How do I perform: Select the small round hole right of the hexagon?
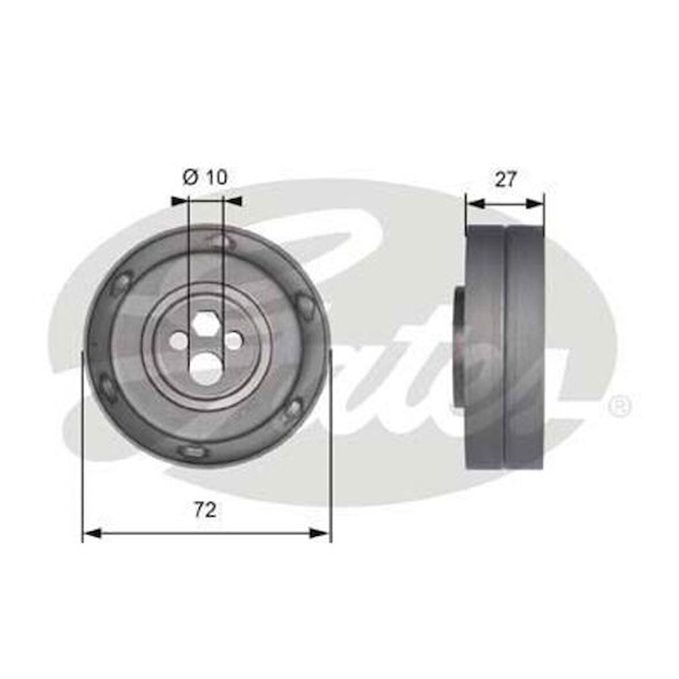point(234,341)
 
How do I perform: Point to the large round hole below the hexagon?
point(206,367)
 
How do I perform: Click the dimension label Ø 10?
point(205,177)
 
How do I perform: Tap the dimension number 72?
point(205,509)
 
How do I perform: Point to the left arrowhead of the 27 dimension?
point(475,203)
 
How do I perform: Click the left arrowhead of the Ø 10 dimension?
point(180,201)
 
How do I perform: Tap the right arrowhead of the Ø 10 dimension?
point(232,201)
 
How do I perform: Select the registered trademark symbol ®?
point(620,407)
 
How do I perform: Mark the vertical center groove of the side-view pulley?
point(505,345)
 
